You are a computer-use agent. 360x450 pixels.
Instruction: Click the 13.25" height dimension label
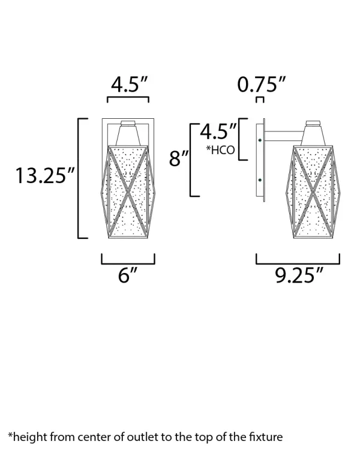point(45,176)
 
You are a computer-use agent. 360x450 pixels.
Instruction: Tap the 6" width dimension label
point(128,275)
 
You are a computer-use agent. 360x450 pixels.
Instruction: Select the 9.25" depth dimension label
point(299,275)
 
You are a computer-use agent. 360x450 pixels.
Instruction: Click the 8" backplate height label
point(179,158)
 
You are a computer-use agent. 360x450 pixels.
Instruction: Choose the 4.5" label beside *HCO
point(218,131)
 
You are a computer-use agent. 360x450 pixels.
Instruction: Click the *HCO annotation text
point(220,150)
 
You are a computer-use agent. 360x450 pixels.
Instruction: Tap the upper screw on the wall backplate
point(260,140)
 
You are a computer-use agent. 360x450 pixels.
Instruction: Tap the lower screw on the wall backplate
point(260,180)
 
